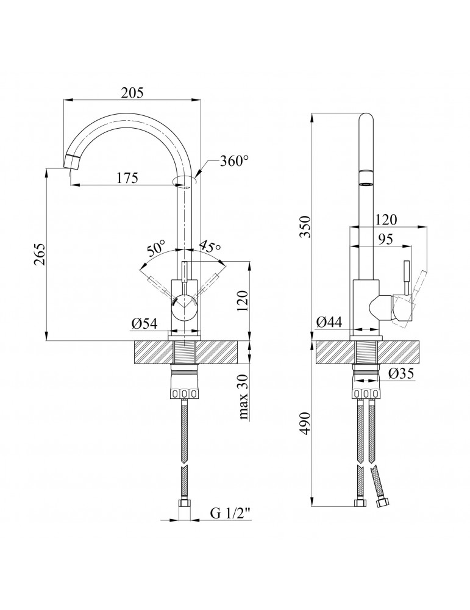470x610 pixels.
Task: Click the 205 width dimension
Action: tap(132, 93)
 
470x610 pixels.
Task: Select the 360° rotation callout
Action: tap(234, 160)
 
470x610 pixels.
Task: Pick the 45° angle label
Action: tap(210, 248)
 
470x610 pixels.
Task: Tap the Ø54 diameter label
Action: tap(144, 323)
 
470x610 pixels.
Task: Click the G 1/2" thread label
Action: tap(231, 513)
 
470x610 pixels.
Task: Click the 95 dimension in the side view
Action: tap(385, 239)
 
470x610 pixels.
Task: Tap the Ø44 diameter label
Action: tap(329, 322)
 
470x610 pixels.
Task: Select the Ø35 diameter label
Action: tap(401, 373)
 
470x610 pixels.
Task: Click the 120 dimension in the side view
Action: tap(386, 220)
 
